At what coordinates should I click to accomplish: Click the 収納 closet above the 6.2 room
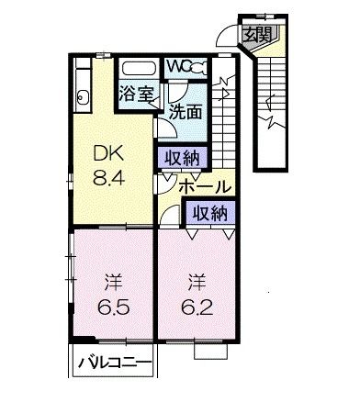click(209, 213)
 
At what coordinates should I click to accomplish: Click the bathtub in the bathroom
click(141, 69)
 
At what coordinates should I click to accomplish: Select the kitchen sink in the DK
click(82, 96)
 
